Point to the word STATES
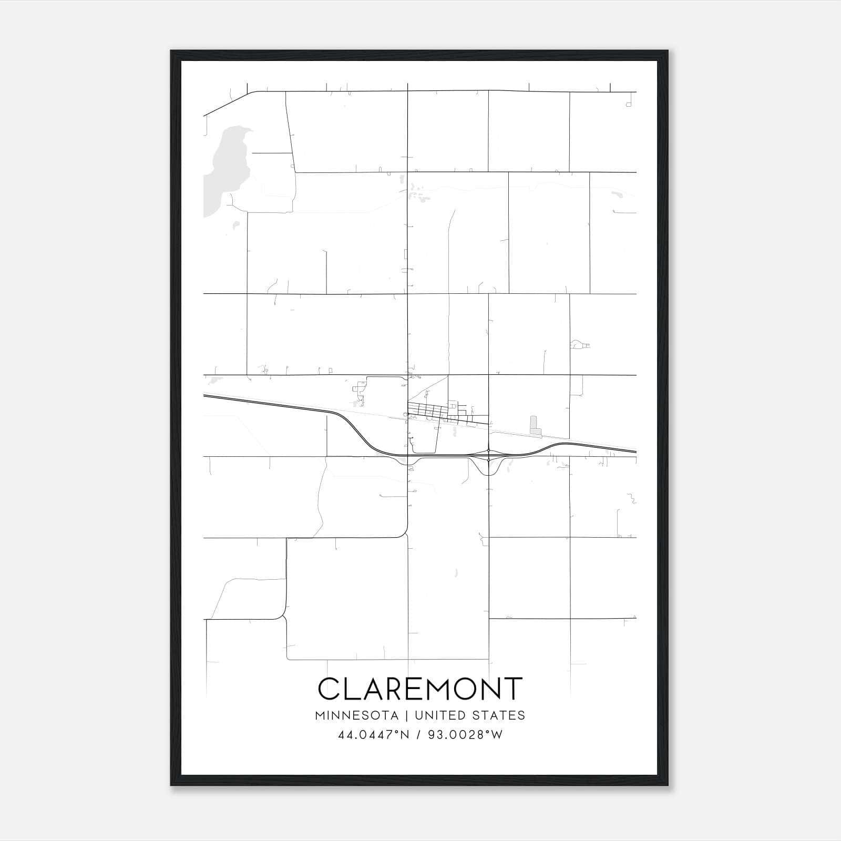[499, 715]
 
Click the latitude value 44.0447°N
[373, 735]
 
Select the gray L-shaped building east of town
[535, 426]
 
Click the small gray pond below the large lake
[236, 224]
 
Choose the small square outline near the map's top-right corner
[629, 105]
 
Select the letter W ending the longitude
[497, 735]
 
